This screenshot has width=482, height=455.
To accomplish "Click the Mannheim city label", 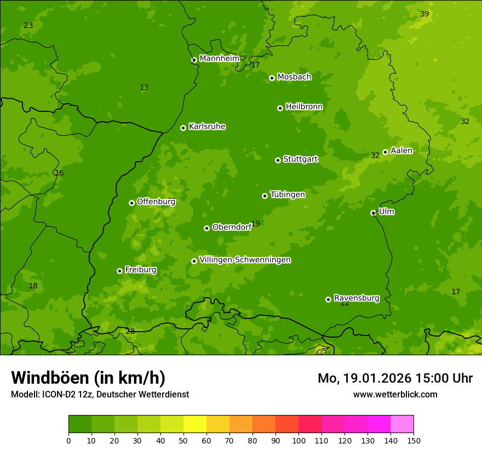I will click(x=219, y=58).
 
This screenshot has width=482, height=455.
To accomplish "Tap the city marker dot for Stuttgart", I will click(x=278, y=160).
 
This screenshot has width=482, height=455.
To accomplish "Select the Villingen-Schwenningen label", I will click(x=245, y=260).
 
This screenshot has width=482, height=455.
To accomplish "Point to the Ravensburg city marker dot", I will click(x=328, y=299).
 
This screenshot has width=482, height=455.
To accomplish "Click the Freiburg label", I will click(x=140, y=270).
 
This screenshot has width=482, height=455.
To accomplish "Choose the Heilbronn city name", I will click(x=304, y=106).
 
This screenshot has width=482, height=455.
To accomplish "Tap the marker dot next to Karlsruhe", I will click(x=183, y=128).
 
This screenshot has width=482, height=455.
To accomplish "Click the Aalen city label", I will click(x=401, y=151).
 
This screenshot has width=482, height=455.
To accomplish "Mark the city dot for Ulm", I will click(x=373, y=213).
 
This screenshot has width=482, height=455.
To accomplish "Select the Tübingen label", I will click(x=288, y=195).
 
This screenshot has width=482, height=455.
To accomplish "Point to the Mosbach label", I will click(x=294, y=77).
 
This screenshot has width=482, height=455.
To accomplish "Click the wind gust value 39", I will click(x=424, y=14).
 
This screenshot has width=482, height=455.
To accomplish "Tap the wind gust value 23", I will click(x=28, y=26).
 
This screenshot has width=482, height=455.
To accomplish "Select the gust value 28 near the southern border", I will click(x=130, y=331).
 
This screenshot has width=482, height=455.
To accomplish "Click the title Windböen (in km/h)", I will click(x=88, y=378).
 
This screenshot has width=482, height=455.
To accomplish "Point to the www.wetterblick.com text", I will click(x=395, y=394).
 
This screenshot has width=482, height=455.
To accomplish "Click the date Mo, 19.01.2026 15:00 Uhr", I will click(x=395, y=378).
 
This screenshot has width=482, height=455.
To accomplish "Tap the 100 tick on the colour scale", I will click(x=299, y=440).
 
